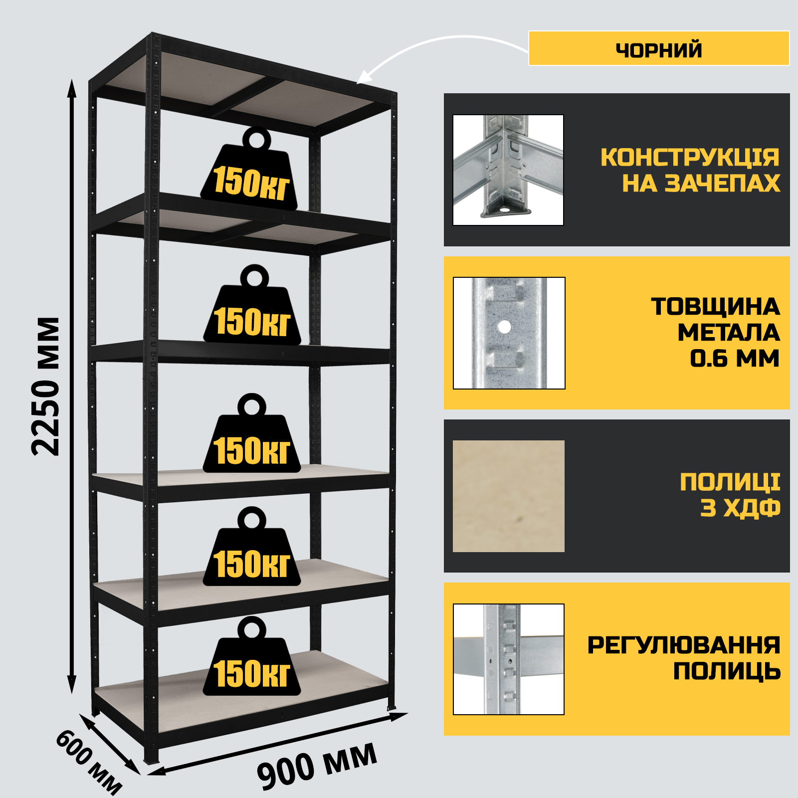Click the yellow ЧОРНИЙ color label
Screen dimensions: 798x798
(x=659, y=48)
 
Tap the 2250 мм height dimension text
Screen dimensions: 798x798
(x=45, y=387)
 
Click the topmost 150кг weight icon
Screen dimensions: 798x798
(x=249, y=170)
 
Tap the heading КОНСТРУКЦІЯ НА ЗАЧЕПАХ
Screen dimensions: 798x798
(x=690, y=170)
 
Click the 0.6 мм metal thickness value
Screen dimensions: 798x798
(x=735, y=358)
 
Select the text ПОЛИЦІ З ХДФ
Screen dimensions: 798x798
(x=730, y=495)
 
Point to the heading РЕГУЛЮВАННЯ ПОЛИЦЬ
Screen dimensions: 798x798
(x=684, y=658)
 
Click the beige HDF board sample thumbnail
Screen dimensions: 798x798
(x=509, y=496)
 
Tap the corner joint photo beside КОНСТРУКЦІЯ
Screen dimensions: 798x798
(x=508, y=170)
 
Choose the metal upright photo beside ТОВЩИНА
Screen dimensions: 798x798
(x=509, y=333)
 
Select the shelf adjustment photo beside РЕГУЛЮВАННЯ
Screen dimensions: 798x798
(x=509, y=659)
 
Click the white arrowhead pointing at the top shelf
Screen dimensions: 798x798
(x=364, y=77)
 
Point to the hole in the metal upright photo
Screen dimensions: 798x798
(x=505, y=327)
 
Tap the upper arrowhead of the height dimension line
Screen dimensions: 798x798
(x=72, y=89)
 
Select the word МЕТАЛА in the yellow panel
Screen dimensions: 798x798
(x=729, y=333)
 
